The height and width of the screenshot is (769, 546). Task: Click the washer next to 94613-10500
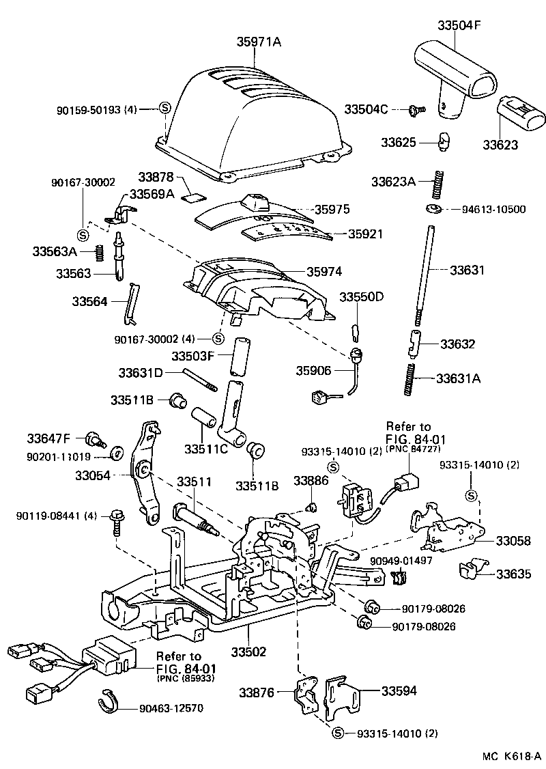[x=433, y=208]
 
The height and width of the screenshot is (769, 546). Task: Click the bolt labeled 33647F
[x=94, y=438]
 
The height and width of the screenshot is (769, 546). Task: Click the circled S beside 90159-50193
[x=164, y=108]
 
